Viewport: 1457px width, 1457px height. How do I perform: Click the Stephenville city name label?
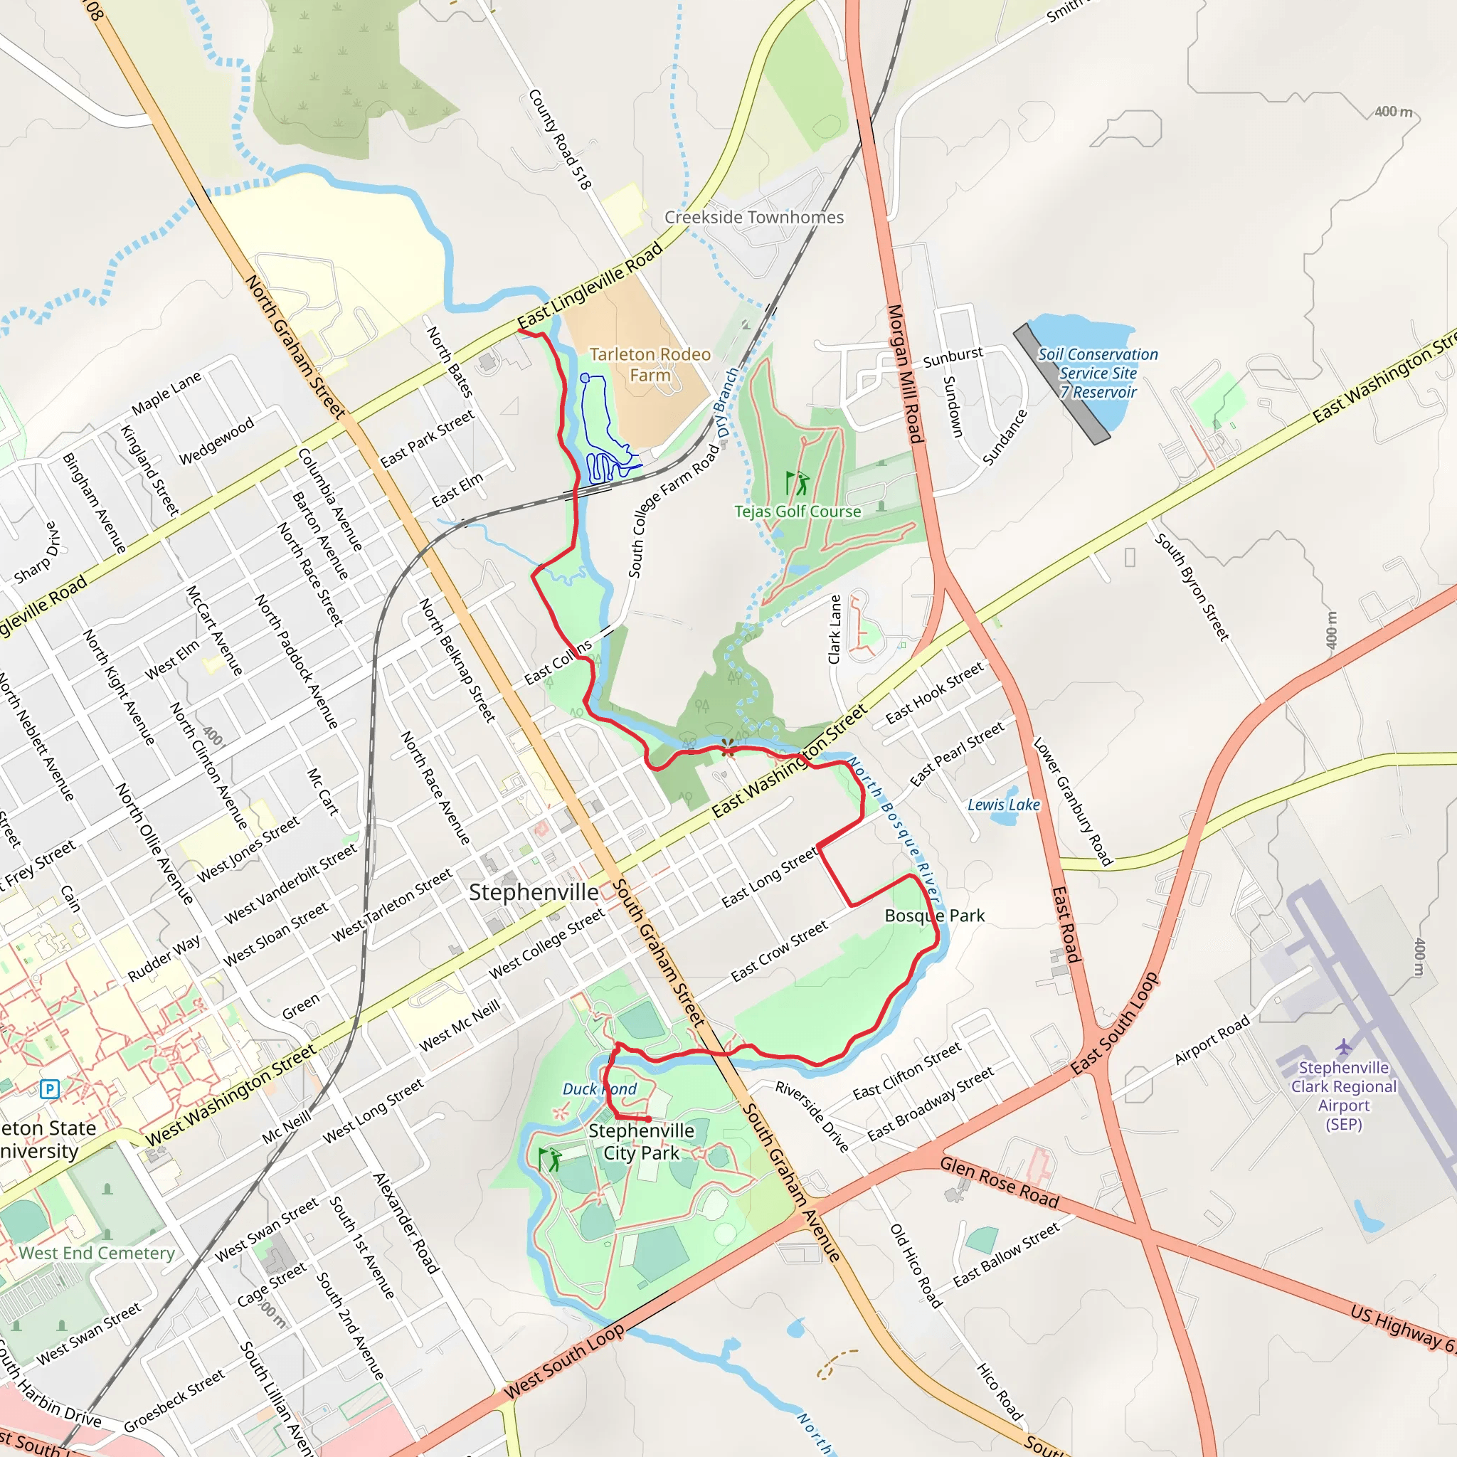(x=534, y=892)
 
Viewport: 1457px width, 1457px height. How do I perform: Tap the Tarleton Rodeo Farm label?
(x=650, y=364)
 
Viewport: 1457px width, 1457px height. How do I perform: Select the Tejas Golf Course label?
(x=798, y=512)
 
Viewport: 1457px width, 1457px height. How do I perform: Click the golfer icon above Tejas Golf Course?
(x=797, y=482)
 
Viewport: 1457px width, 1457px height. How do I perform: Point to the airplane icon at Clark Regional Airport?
(x=1343, y=1047)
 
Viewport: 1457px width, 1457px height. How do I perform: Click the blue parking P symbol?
(x=50, y=1089)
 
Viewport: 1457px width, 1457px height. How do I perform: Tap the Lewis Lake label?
(x=1004, y=805)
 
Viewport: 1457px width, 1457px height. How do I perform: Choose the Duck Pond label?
(x=600, y=1089)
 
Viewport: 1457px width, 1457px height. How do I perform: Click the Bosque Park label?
(x=934, y=916)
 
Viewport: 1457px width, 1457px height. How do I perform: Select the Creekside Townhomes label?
(x=754, y=217)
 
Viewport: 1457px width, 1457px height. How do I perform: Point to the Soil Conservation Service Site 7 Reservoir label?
(x=1098, y=373)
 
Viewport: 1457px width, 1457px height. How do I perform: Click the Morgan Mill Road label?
(x=905, y=374)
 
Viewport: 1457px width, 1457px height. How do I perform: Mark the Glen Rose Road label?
(x=1000, y=1182)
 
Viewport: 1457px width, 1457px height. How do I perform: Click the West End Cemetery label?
(x=97, y=1254)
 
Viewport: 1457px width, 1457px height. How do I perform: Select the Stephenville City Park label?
(x=641, y=1142)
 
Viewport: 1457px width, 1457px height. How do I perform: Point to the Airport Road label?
(x=1212, y=1041)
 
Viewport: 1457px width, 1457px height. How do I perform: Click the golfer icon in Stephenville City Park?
(x=550, y=1159)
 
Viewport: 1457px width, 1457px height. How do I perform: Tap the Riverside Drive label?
(x=812, y=1117)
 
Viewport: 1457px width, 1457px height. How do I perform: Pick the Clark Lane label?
(x=834, y=630)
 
